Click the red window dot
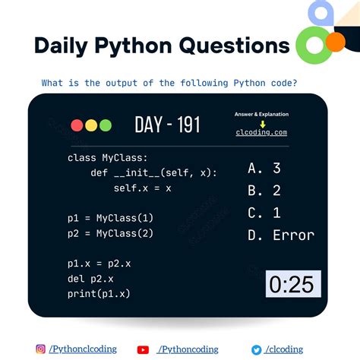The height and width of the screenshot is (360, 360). (77, 125)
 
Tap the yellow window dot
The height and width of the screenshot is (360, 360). (90, 125)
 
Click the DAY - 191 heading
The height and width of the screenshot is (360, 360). (167, 125)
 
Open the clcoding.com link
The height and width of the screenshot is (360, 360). (262, 132)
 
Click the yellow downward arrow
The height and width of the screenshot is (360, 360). (262, 123)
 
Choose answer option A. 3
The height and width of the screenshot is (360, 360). (264, 169)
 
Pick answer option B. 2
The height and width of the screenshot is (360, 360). (264, 191)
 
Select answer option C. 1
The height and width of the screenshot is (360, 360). (264, 213)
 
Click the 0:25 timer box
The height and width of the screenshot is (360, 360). (292, 284)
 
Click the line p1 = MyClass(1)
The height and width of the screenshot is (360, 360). (110, 219)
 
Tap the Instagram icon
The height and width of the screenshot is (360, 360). (40, 349)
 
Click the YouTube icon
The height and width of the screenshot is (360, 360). (143, 349)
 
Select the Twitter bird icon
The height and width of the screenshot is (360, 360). (257, 349)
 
